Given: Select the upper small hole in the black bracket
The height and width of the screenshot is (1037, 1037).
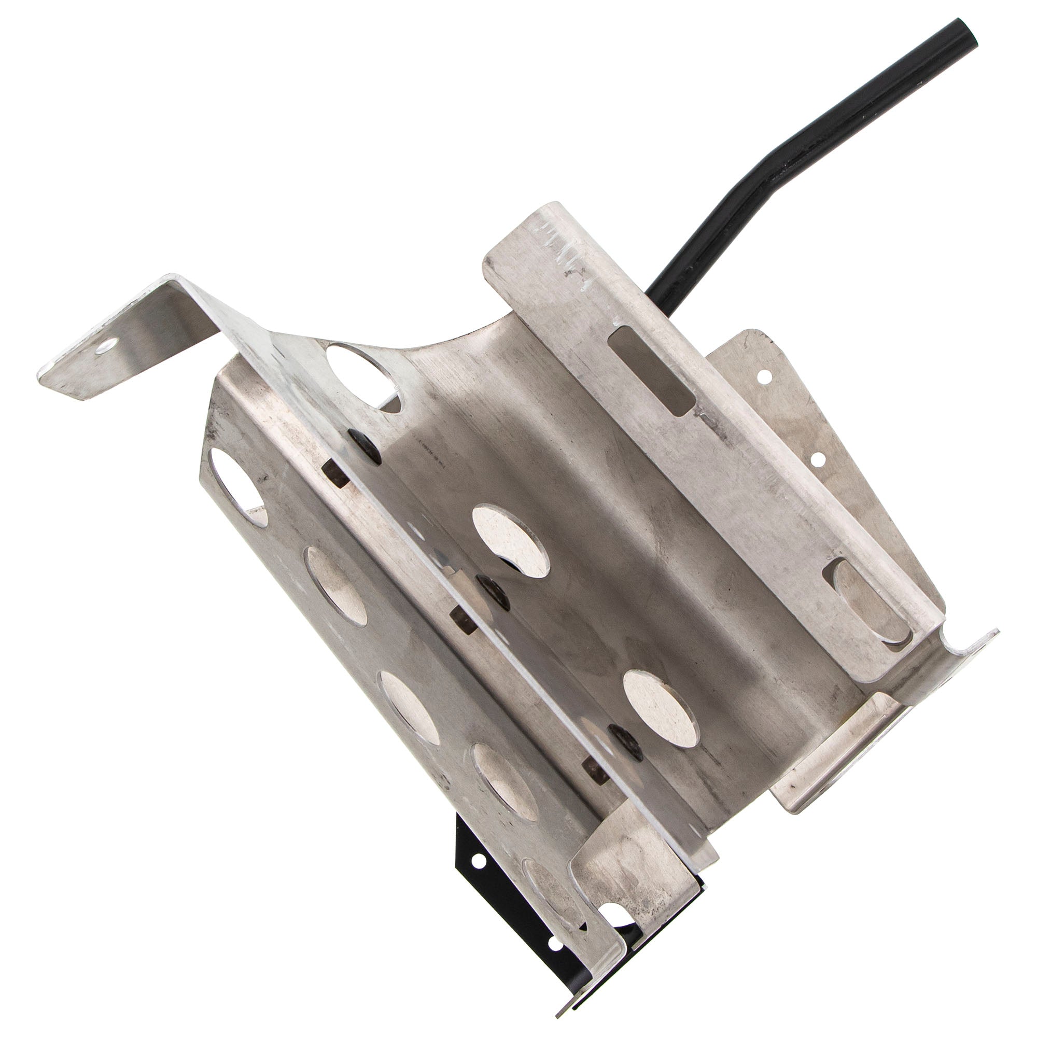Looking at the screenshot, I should tap(475, 862).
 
